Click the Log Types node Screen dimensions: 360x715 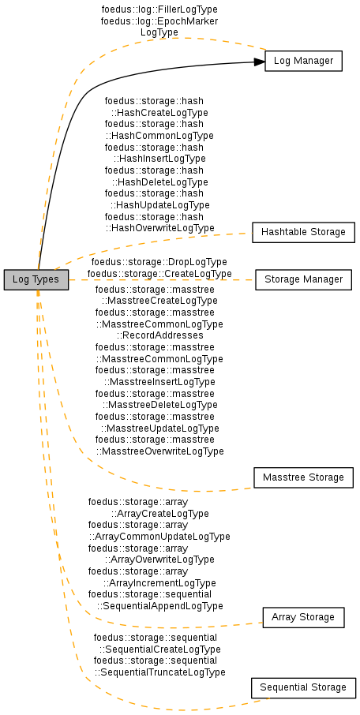coord(36,279)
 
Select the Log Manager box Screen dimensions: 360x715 coord(303,61)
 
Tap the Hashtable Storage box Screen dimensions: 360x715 coord(303,232)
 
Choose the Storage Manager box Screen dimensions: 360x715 coord(303,279)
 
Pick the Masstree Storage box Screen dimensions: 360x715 coord(303,477)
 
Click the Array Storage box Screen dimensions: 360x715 coord(303,617)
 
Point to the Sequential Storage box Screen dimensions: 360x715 coord(303,687)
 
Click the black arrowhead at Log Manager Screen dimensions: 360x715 coord(259,62)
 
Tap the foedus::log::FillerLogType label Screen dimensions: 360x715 coord(159,9)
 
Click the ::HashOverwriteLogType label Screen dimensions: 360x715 coord(159,227)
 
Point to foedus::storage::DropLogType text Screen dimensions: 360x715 coord(159,262)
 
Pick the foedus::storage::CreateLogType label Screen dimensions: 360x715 coord(159,274)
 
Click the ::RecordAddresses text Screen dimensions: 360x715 coord(159,335)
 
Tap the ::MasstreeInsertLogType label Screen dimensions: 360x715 coord(159,382)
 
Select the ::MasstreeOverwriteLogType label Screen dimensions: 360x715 coord(159,451)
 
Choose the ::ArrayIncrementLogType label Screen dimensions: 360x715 coord(159,582)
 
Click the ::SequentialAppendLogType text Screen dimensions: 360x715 coord(159,606)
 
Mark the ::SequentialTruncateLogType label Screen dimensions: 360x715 coord(159,672)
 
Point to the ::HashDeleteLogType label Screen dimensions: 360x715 coord(159,182)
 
